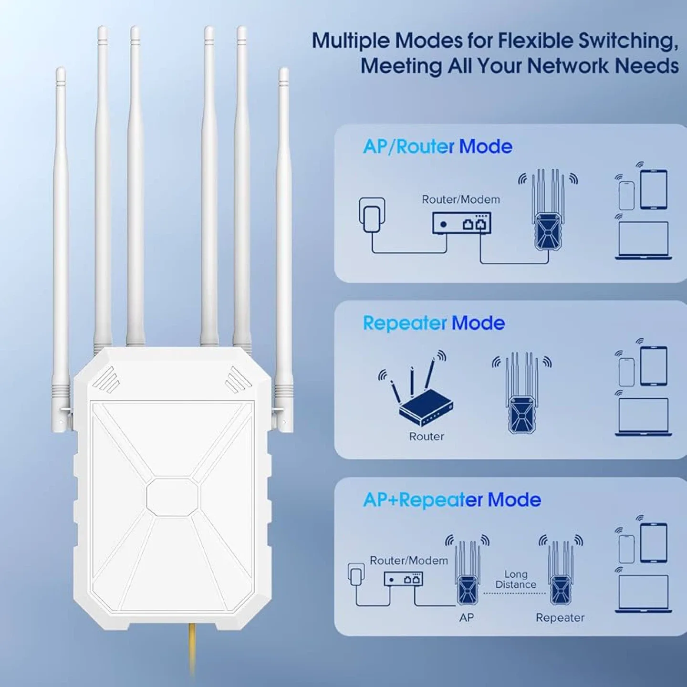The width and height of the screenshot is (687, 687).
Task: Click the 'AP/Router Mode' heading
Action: pyautogui.click(x=437, y=146)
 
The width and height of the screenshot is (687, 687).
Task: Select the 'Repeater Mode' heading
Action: pyautogui.click(x=433, y=323)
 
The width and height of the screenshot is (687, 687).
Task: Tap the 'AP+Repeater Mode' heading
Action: pyautogui.click(x=451, y=500)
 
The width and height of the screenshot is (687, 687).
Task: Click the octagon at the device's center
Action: pyautogui.click(x=172, y=496)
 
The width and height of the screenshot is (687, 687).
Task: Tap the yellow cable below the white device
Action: pyautogui.click(x=192, y=649)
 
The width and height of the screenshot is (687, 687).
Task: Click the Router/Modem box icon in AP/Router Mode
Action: pyautogui.click(x=461, y=223)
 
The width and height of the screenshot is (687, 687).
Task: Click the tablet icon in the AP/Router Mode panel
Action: pyautogui.click(x=653, y=189)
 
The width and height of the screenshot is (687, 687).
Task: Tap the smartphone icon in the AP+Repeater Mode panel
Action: pyautogui.click(x=626, y=549)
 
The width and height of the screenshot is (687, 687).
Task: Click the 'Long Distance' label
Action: pyautogui.click(x=516, y=579)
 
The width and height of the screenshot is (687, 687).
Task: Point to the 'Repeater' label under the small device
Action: pyautogui.click(x=560, y=617)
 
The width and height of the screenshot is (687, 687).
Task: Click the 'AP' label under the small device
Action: pyautogui.click(x=466, y=617)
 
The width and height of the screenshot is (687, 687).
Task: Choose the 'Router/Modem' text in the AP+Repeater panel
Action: pyautogui.click(x=409, y=560)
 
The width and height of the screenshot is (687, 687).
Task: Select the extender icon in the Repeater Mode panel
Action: pyautogui.click(x=521, y=394)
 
